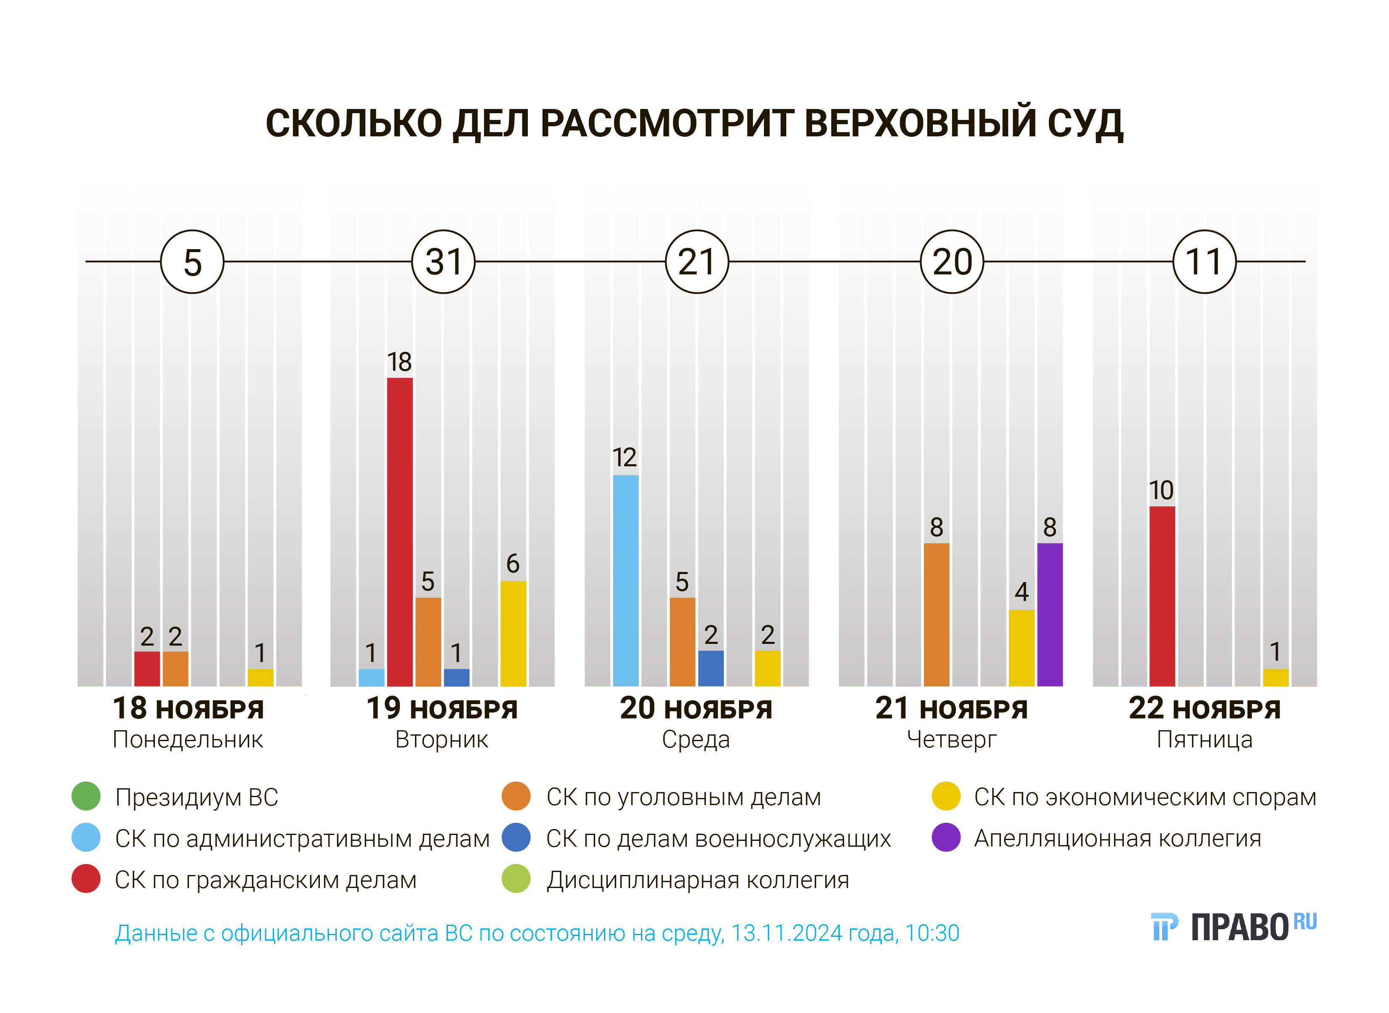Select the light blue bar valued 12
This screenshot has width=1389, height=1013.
tap(625, 581)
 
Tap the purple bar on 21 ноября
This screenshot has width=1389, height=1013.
tap(1050, 614)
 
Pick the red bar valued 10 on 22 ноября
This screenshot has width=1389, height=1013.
tap(1162, 596)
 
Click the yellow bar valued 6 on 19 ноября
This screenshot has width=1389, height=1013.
tap(513, 633)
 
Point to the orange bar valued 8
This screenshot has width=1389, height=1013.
tap(937, 614)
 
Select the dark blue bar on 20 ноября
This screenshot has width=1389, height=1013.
tap(711, 668)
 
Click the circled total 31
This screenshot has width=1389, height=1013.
tap(443, 262)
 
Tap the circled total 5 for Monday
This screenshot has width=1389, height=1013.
tap(192, 262)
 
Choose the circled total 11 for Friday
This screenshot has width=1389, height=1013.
tap(1204, 262)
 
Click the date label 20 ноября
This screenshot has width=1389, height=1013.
tap(696, 708)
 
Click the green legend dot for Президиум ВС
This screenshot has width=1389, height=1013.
tap(86, 797)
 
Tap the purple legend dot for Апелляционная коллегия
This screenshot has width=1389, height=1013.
tap(946, 838)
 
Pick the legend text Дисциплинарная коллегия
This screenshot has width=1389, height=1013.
tap(698, 880)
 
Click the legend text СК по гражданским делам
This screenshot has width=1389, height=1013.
tap(266, 880)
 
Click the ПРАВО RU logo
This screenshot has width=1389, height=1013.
tap(1234, 927)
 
